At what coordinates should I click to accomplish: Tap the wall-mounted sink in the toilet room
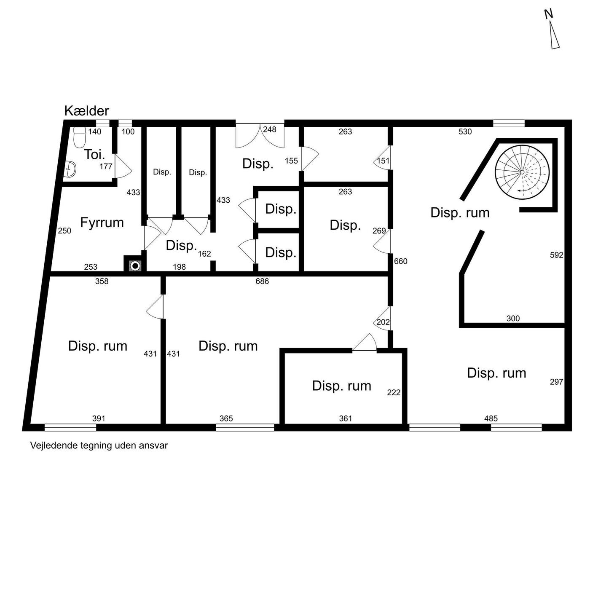coord(71,169)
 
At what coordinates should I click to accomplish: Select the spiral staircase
coord(522,172)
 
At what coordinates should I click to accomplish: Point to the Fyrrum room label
coord(102,223)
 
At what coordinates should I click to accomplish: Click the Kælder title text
coord(87,111)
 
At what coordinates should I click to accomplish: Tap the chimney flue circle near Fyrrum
coord(135,266)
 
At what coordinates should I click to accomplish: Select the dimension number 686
coord(262,281)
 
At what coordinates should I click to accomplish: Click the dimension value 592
coord(556,255)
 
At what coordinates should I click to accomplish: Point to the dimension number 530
coord(465,131)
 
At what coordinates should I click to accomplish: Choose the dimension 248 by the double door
coord(269,129)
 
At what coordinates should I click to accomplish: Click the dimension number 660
coord(400,261)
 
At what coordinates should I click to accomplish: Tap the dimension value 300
coord(513,319)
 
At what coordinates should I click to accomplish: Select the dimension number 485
coord(491,418)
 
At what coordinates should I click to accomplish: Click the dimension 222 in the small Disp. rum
coord(394,392)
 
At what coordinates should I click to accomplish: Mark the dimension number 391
coord(99,418)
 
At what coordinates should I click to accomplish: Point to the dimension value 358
coord(102,281)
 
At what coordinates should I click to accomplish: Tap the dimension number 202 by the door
coord(383,322)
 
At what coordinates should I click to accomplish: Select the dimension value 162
coord(204,254)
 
